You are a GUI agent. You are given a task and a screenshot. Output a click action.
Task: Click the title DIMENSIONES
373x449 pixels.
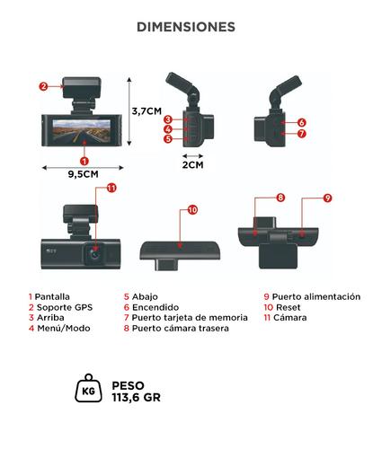[x=186, y=27]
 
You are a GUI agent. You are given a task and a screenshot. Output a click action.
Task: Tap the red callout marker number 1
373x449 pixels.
[x=84, y=159]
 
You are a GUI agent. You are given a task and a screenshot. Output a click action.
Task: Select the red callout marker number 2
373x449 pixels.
[x=43, y=86]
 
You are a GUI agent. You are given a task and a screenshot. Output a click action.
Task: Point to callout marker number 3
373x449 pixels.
[x=168, y=119]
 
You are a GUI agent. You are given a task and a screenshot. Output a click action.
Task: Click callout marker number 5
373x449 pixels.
[x=168, y=139]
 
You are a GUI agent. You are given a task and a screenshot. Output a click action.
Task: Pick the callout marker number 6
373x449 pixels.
[x=302, y=122]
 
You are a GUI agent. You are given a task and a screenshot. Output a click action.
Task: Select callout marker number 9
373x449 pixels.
[x=327, y=198]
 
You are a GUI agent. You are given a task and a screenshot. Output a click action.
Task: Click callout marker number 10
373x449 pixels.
[x=192, y=210]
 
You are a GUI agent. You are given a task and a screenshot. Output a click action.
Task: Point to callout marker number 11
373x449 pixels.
[x=111, y=188]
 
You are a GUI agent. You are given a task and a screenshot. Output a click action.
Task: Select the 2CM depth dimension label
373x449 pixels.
[x=193, y=164]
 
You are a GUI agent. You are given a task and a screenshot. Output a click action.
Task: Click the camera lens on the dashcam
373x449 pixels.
[x=93, y=254]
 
